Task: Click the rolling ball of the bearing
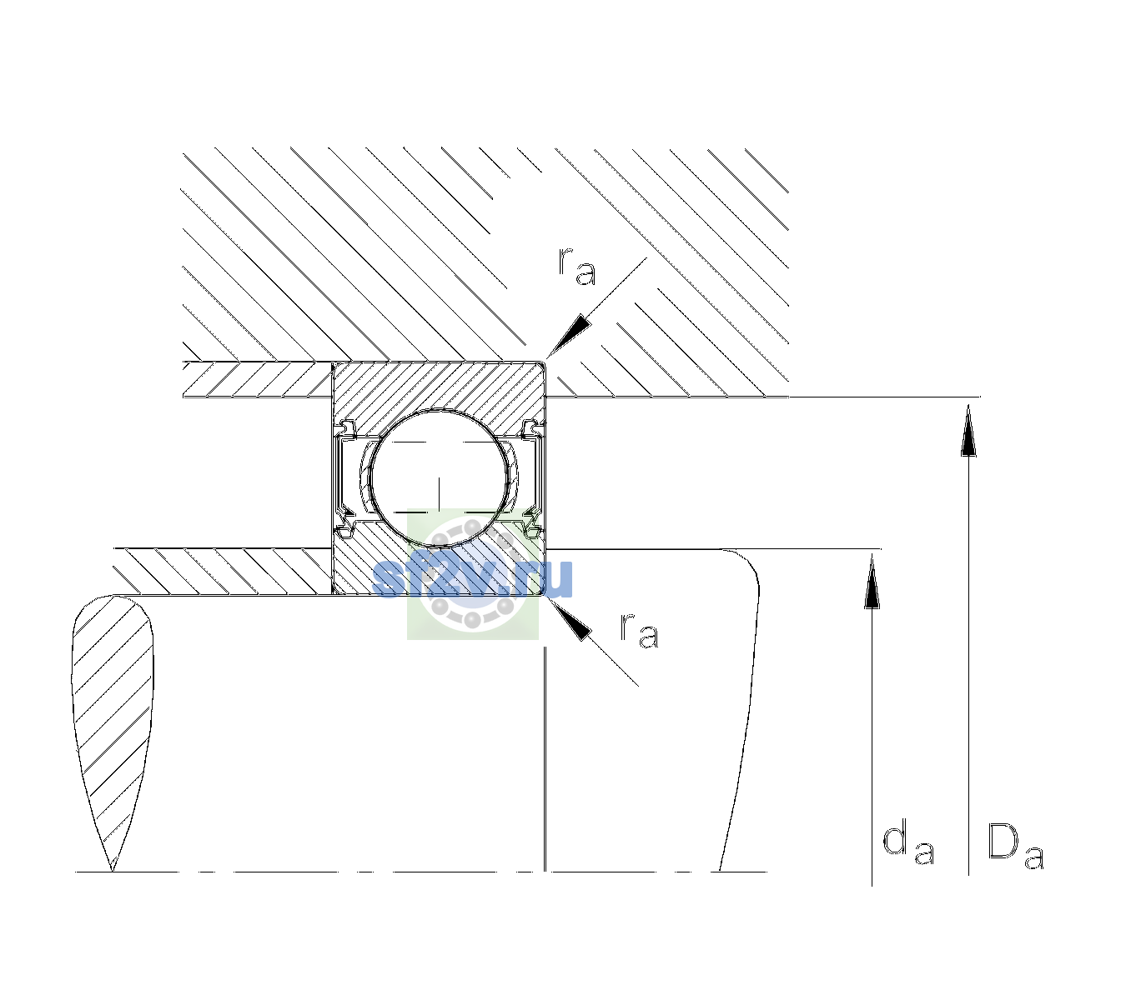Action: tap(439, 478)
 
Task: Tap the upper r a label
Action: tap(577, 267)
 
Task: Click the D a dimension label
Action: tap(1015, 846)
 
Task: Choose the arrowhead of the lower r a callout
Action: tap(569, 619)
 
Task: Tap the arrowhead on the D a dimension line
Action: tap(968, 430)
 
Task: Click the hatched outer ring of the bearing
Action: tap(439, 386)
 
